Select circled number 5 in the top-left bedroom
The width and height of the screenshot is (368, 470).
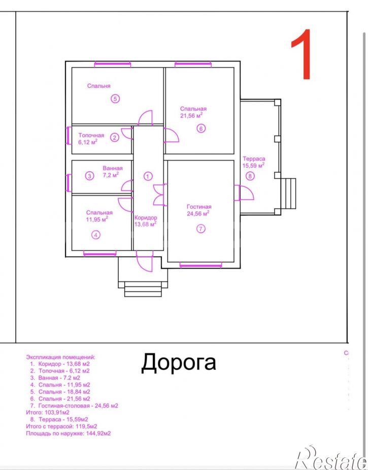pos(115,98)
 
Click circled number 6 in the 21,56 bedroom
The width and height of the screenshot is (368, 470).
pos(201,129)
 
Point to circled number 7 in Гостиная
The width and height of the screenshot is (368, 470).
pos(201,229)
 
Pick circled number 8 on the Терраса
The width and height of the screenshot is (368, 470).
pos(250,176)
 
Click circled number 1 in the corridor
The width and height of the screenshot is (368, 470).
pos(148,176)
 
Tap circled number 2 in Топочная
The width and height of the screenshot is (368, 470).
pos(115,138)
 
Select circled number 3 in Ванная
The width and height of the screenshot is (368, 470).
pos(89,176)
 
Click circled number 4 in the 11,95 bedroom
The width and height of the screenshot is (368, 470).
pos(96,235)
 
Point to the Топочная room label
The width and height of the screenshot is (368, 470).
pos(91,136)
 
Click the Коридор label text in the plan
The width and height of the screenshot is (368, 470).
pos(146,217)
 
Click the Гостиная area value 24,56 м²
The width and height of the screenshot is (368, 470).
pos(198,213)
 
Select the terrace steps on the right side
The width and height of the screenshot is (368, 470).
pos(288,194)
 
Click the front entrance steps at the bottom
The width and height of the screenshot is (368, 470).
pos(143,289)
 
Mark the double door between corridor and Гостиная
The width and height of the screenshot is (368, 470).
pos(159,195)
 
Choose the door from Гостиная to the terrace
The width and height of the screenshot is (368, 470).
pos(244,193)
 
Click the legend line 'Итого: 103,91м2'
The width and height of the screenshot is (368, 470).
pos(48,413)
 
